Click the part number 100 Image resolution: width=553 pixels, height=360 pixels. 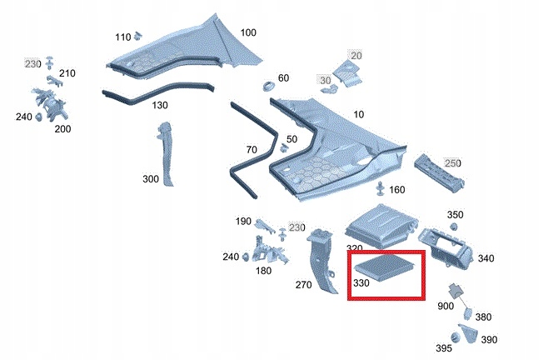[x=248, y=32]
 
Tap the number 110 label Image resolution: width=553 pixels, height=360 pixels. [x=122, y=37]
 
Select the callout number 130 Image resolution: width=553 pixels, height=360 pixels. [x=159, y=105]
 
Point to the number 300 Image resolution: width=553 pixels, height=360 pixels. [x=151, y=179]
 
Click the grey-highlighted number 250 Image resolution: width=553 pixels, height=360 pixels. [x=452, y=163]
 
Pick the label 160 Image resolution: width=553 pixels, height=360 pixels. [x=396, y=189]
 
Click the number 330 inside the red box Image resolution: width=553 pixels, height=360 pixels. [x=361, y=282]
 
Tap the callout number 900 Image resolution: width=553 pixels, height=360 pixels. [x=446, y=307]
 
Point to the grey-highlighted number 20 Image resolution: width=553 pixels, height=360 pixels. [x=356, y=55]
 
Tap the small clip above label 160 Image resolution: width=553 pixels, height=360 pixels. [x=380, y=185]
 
